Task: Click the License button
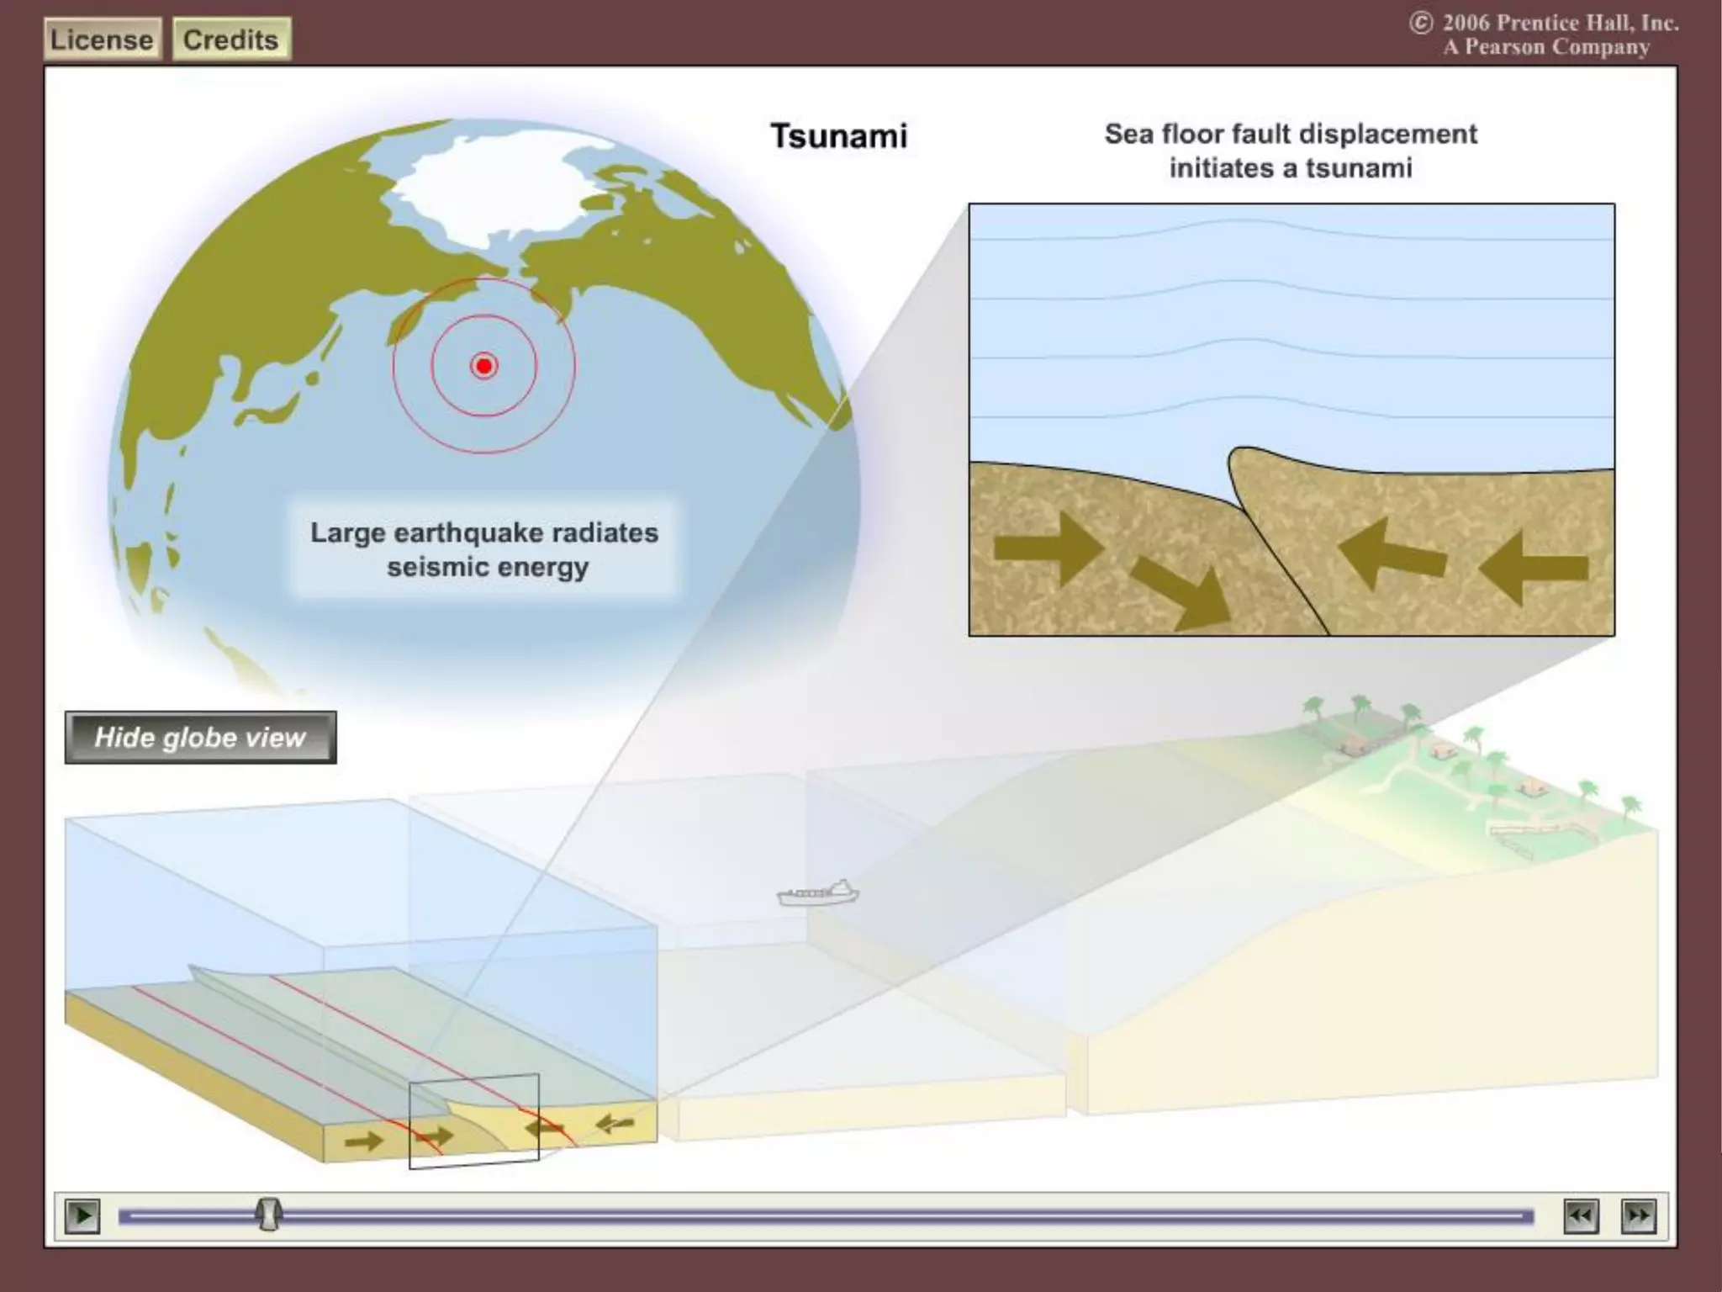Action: pos(102,40)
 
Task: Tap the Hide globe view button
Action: pos(200,738)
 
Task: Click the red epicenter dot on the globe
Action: pos(484,366)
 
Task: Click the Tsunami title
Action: pos(839,136)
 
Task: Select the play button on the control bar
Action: pos(82,1215)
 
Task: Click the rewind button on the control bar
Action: pos(1581,1215)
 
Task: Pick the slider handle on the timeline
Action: pos(269,1215)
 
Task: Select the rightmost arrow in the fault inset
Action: pos(1534,569)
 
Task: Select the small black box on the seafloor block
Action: pos(473,1120)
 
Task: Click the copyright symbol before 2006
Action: pos(1421,23)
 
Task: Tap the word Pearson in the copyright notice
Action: pos(1505,47)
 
